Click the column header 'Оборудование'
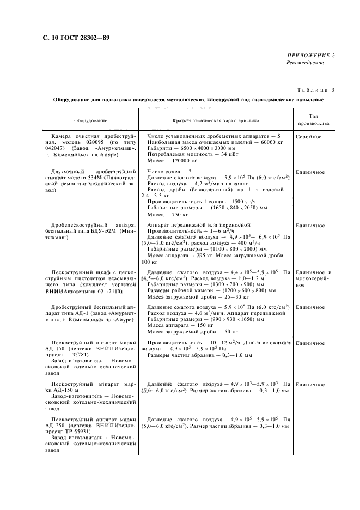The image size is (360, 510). [91, 120]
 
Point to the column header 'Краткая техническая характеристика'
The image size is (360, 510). [216, 120]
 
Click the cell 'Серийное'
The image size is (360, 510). [309, 136]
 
